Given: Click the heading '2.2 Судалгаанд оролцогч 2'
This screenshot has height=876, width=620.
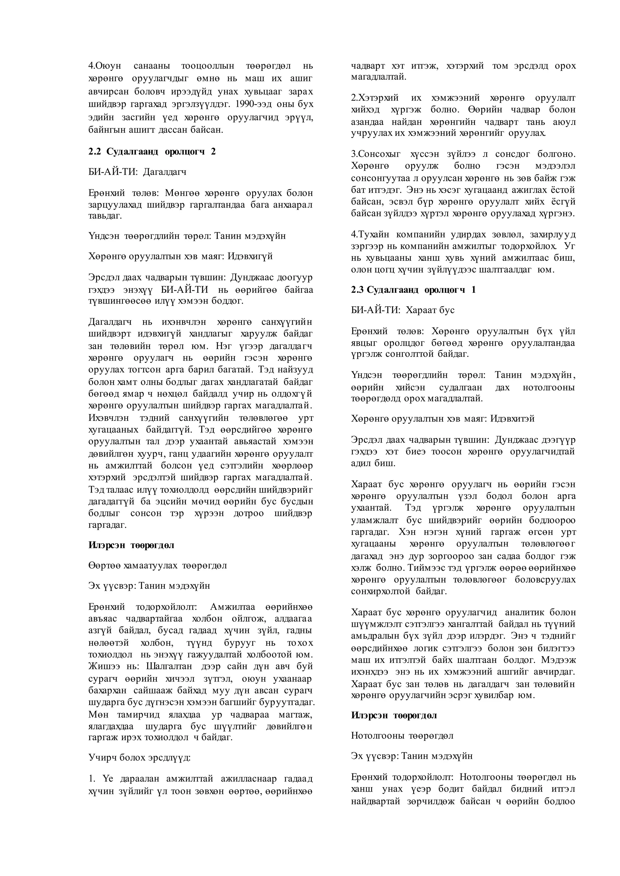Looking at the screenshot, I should point(152,152).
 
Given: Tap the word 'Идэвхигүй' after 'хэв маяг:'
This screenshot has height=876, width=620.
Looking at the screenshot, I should point(250,256).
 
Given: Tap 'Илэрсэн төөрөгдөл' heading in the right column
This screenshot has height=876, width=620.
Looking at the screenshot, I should point(394,715).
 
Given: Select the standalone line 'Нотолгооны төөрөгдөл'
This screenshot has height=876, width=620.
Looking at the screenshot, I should point(402,736).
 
